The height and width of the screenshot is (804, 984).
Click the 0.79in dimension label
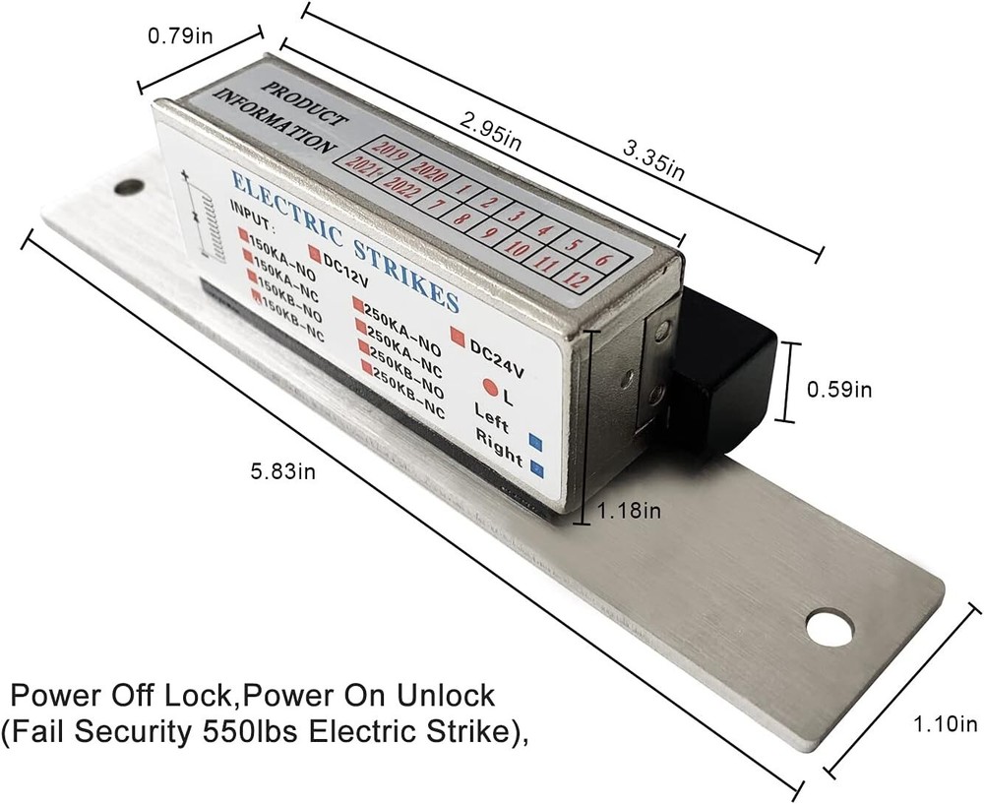click(181, 36)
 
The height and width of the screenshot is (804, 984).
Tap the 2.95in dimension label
click(494, 129)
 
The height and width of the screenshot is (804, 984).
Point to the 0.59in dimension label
click(839, 389)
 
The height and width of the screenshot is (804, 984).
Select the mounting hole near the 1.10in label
click(830, 628)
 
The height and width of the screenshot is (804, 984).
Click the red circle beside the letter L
click(489, 388)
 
